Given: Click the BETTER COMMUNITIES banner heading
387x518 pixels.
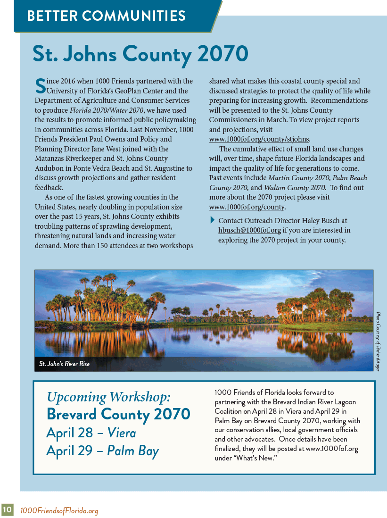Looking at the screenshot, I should coord(106,16).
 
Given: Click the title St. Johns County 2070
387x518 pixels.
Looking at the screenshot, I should coord(140,54).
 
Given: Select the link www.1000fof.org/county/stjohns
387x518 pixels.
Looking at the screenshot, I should coord(259,139).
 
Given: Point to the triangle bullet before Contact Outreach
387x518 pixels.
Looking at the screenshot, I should coord(212,220).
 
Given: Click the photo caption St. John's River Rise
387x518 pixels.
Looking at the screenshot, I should coord(64,364).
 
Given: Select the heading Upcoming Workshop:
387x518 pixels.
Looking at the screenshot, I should coord(108,397).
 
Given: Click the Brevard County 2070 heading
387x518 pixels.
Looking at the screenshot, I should coord(118,414).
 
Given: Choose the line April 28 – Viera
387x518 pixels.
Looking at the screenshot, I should coord(91,433).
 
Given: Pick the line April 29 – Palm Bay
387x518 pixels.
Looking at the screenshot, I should coord(102,451).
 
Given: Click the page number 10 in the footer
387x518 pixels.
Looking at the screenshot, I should coord(7,510).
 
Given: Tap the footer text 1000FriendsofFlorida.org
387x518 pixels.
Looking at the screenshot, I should coord(59,510).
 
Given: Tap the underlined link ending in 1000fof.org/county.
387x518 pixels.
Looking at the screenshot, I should coord(247,207).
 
